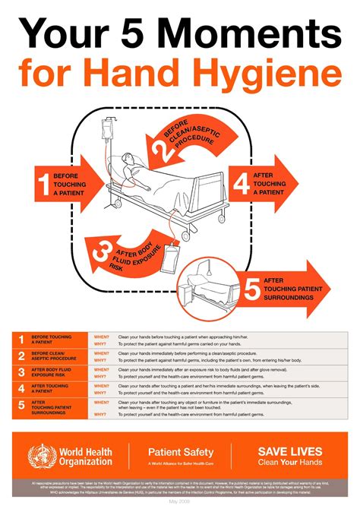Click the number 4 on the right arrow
pyautogui.click(x=242, y=184)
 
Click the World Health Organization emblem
pyautogui.click(x=41, y=457)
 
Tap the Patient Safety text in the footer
pyautogui.click(x=180, y=452)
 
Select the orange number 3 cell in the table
pyautogui.click(x=21, y=372)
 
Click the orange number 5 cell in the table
pyautogui.click(x=21, y=406)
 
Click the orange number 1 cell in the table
pyautogui.click(x=21, y=340)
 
